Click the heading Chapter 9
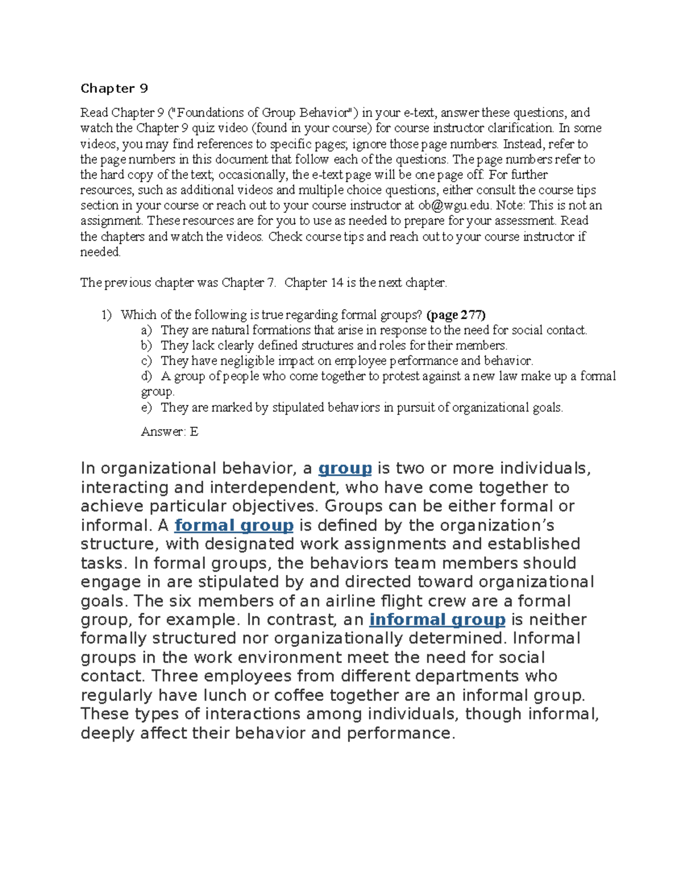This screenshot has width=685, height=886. (x=114, y=88)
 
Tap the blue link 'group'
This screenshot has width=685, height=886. (x=345, y=468)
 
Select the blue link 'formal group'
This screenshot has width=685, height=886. (x=234, y=525)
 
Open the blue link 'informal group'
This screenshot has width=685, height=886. (x=437, y=620)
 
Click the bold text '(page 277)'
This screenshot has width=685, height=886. (x=456, y=315)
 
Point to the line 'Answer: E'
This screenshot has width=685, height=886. (x=170, y=432)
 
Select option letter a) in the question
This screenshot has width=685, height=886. (x=147, y=330)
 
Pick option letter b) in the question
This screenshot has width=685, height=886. (x=147, y=346)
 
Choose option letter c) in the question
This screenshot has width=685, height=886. (x=147, y=361)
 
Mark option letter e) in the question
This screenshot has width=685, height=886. (x=147, y=408)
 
